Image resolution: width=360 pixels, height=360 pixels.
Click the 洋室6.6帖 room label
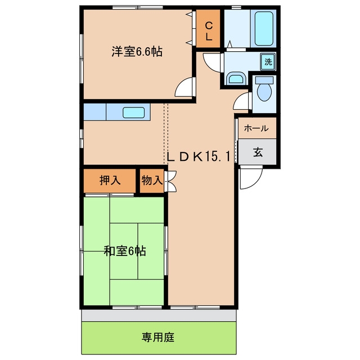click(137, 52)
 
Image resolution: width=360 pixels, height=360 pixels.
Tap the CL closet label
click(209, 31)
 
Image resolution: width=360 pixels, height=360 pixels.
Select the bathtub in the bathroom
click(264, 29)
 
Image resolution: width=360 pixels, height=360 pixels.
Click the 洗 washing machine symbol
click(268, 62)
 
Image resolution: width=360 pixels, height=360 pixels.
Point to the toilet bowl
click(264, 89)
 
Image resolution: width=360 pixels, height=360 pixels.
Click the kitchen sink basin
click(134, 112)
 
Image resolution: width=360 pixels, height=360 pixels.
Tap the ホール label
click(256, 128)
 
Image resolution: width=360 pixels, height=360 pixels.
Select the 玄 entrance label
click(258, 152)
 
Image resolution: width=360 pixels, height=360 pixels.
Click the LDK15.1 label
click(199, 157)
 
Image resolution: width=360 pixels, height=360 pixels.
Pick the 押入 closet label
click(110, 181)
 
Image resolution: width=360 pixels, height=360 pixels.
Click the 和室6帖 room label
click(125, 251)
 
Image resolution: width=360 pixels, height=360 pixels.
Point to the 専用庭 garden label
click(158, 337)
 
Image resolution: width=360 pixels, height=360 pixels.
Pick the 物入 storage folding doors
click(172, 181)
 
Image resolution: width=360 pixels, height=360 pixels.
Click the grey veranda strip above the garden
click(159, 316)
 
